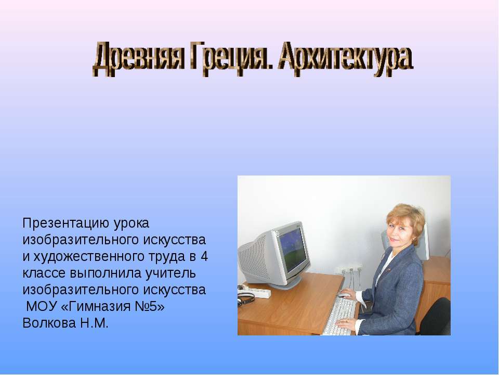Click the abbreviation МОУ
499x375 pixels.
(x=40, y=306)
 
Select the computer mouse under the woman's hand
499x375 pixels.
(x=343, y=295)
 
